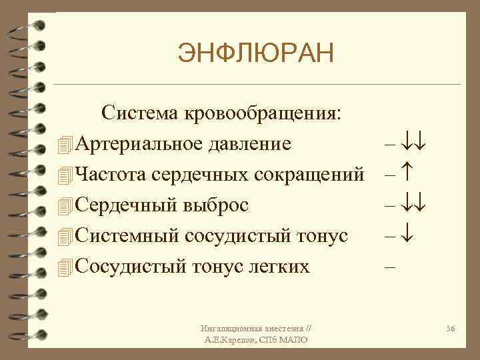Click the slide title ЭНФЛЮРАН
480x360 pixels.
click(x=255, y=53)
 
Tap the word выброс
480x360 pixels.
click(x=215, y=205)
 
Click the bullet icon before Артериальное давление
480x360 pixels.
click(x=64, y=144)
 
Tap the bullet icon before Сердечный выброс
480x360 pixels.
click(x=64, y=205)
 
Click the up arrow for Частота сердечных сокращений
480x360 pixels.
click(x=407, y=174)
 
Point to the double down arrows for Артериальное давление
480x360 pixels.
click(x=414, y=143)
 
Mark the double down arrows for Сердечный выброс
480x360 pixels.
click(x=414, y=205)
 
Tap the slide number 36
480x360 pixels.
click(x=451, y=329)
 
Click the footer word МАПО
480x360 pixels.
click(x=293, y=341)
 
